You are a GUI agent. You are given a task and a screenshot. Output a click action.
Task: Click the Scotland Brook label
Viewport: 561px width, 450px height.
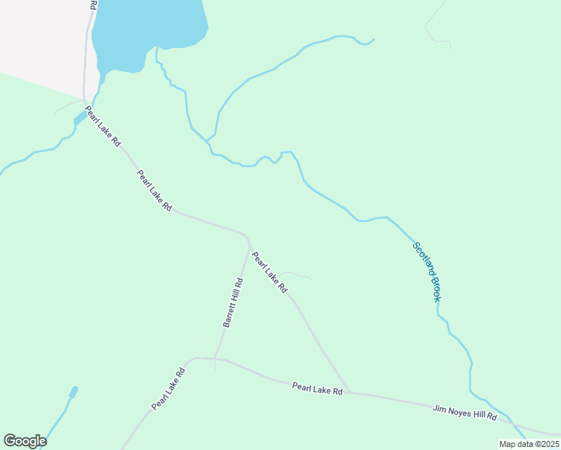coord(427,271)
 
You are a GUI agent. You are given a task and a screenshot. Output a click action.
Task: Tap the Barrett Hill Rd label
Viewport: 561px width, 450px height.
coord(232,303)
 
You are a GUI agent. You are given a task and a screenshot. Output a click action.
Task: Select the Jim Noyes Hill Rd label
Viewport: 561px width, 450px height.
coord(465,412)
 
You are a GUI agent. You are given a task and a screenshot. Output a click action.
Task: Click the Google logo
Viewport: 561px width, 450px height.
coord(25,441)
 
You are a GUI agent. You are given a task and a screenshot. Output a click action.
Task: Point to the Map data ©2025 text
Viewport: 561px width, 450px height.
coord(528,444)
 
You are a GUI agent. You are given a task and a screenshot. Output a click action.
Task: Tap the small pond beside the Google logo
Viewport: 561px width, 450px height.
coord(73,393)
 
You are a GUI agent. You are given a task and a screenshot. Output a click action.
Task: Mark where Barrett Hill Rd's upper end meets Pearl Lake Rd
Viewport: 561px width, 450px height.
coord(248,241)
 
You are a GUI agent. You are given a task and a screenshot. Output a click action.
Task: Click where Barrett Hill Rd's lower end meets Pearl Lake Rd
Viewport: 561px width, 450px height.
coord(215,358)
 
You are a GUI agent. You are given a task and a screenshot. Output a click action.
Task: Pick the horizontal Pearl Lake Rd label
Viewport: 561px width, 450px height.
coord(317,388)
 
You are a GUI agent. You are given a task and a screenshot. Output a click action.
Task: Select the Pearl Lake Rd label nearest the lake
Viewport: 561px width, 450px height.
coord(103,125)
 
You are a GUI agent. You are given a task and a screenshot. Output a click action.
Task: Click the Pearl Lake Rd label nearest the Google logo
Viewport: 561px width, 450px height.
coord(168,388)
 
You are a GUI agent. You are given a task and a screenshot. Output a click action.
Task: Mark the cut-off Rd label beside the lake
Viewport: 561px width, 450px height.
coord(93,4)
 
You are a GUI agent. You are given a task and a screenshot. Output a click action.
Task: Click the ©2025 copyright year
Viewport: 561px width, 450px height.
coord(545,444)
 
